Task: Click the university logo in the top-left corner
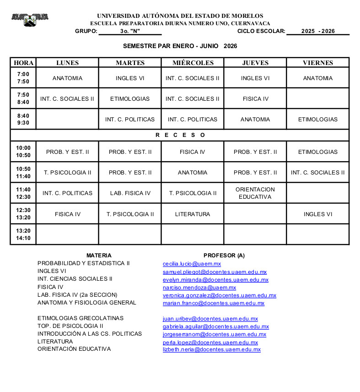pos(30,19)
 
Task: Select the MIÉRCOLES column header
pos(193,63)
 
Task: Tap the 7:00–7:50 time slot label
pos(23,78)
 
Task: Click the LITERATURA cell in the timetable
pos(193,214)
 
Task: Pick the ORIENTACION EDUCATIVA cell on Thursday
pos(255,193)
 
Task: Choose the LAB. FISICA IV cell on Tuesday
pos(130,193)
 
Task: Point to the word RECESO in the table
pos(180,135)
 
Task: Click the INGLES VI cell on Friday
pos(318,214)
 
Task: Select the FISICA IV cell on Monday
pos(67,214)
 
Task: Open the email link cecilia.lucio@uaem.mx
pos(192,264)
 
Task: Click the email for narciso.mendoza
pos(199,288)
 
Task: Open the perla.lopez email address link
pos(210,342)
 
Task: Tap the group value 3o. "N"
pos(130,31)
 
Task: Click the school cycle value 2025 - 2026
pos(318,31)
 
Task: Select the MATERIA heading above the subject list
pos(99,256)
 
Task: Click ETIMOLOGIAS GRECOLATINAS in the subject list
pos(81,318)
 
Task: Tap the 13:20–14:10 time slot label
pos(23,234)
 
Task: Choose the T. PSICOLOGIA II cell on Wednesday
pos(193,193)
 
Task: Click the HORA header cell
pos(23,63)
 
